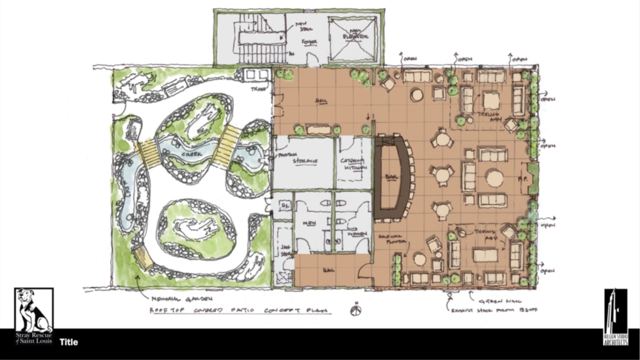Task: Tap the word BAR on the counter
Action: click(390, 177)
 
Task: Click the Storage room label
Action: click(305, 161)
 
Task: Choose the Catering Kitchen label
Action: click(353, 164)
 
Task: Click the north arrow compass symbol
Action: click(356, 310)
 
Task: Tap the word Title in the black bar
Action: click(69, 342)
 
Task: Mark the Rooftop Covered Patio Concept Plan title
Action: click(240, 311)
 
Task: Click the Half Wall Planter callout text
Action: click(392, 238)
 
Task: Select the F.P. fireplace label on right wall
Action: click(522, 179)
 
